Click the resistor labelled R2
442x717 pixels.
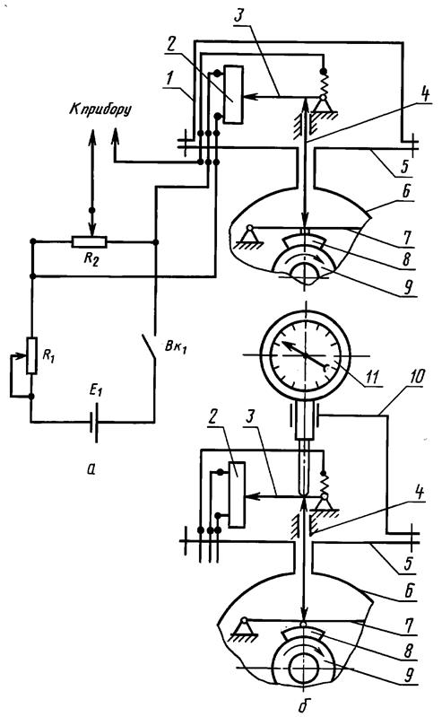pos(90,241)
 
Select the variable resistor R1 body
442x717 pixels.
pos(31,355)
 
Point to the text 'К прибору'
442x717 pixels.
pos(100,109)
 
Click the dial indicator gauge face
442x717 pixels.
pos(305,354)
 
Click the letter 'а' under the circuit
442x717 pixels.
pos(91,468)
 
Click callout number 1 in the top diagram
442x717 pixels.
pos(170,78)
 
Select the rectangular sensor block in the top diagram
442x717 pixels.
pos(234,94)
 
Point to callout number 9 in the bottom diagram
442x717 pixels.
pos(409,675)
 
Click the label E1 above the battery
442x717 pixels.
pos(96,391)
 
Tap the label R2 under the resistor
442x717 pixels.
pos(91,258)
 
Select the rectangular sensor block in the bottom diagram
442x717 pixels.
pos(237,494)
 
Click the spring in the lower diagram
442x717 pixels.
pos(324,484)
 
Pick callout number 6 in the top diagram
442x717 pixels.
pos(406,192)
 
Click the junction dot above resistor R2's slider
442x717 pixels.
pos(91,210)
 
